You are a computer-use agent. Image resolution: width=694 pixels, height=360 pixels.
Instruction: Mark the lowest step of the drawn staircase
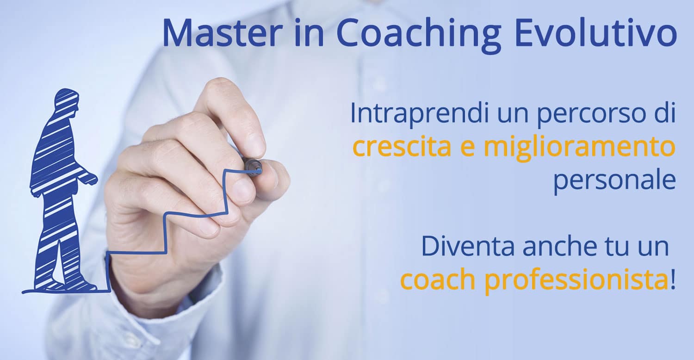[x=136, y=253]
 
